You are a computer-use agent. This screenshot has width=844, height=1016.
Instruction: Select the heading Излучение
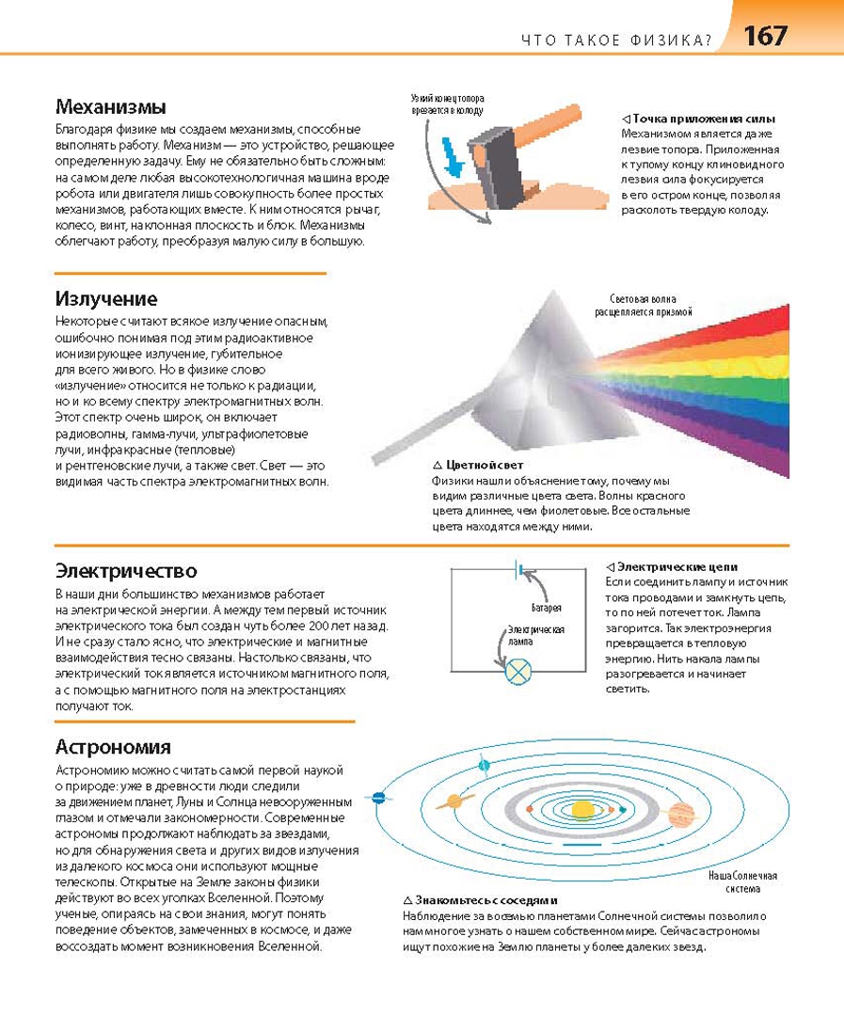[106, 299]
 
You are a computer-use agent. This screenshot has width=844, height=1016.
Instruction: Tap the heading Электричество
[126, 571]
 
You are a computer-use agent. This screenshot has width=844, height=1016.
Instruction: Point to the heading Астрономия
[113, 747]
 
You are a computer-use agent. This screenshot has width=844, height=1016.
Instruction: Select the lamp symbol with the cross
[518, 672]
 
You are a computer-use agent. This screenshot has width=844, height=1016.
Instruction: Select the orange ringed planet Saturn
[455, 801]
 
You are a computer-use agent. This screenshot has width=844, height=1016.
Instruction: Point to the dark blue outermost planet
[379, 798]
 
